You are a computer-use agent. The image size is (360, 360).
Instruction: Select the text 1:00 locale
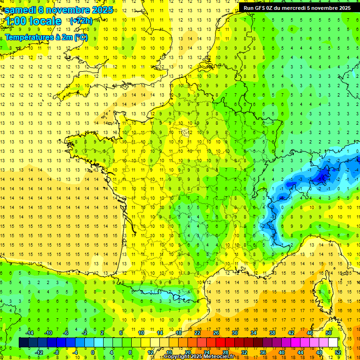pyautogui.click(x=33, y=22)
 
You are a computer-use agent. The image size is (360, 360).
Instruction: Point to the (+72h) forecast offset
pyautogui.click(x=81, y=21)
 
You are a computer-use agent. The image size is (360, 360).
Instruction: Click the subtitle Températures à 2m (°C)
pyautogui.click(x=46, y=37)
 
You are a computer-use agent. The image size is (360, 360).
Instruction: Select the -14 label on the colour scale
pyautogui.click(x=29, y=333)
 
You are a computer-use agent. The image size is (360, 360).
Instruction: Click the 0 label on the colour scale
pyautogui.click(x=93, y=352)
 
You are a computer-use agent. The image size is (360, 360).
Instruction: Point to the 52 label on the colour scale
pyautogui.click(x=337, y=352)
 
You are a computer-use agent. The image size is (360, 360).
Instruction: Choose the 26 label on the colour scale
pyautogui.click(x=216, y=333)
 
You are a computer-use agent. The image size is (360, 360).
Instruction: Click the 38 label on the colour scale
pyautogui.click(x=272, y=333)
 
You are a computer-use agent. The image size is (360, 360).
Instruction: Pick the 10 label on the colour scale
pyautogui.click(x=141, y=333)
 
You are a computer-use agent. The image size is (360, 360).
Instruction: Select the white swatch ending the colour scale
pyautogui.click(x=333, y=343)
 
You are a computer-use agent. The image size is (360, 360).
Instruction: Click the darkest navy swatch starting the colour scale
pyautogui.click(x=23, y=343)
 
